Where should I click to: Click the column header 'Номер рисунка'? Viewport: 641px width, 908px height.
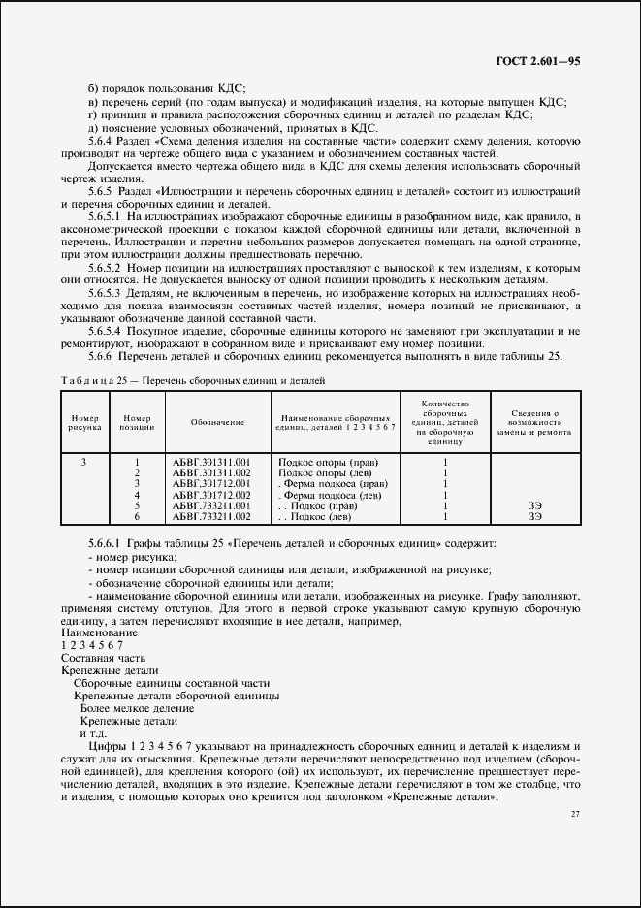point(83,422)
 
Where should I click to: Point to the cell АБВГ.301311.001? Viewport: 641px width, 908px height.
point(210,462)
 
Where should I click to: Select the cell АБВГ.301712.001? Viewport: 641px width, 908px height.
point(210,483)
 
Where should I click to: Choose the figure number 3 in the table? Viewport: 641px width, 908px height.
point(83,462)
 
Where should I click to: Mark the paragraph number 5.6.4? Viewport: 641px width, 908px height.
point(102,140)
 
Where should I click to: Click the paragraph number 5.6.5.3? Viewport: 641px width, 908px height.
point(104,291)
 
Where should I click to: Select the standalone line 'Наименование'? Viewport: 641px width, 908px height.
point(98,632)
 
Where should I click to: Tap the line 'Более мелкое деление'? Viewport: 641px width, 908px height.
point(129,708)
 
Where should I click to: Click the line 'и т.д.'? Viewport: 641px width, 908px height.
point(91,733)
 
